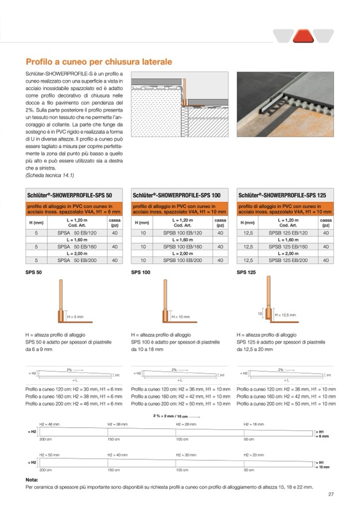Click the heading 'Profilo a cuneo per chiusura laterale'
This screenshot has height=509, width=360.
98,62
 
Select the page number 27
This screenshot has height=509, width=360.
330,495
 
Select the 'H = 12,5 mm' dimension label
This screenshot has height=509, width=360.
287,315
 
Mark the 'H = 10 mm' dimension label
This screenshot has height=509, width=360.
181,316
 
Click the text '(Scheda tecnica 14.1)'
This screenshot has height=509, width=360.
50,175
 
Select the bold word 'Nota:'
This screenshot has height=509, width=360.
31,479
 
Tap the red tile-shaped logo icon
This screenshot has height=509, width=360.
302,36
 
